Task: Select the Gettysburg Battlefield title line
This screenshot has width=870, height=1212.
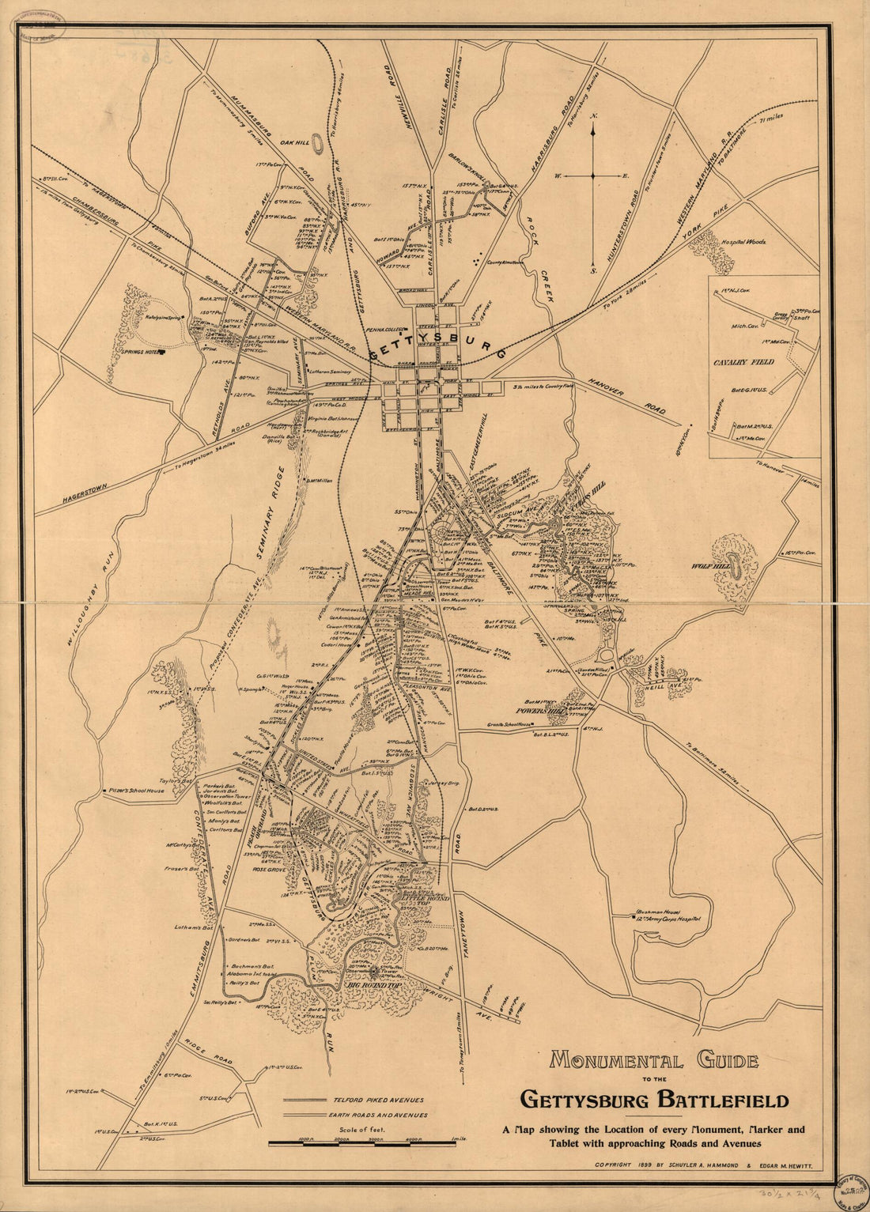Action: [x=653, y=1100]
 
